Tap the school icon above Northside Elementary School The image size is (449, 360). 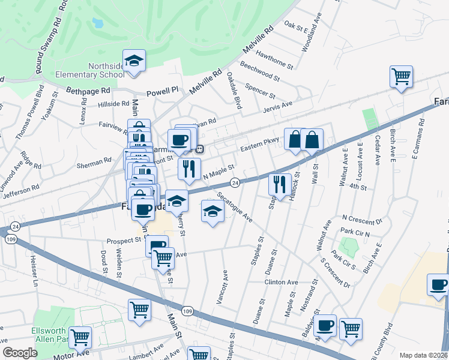click(x=135, y=61)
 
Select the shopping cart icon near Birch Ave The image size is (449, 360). click(x=401, y=77)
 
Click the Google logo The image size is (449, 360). click(x=20, y=353)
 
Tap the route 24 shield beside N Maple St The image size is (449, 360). click(x=235, y=182)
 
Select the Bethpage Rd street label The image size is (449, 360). click(x=88, y=91)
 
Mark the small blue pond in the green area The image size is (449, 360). click(x=98, y=23)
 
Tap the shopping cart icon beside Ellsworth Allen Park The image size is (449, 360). click(x=80, y=338)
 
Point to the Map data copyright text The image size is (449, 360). click(x=424, y=355)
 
